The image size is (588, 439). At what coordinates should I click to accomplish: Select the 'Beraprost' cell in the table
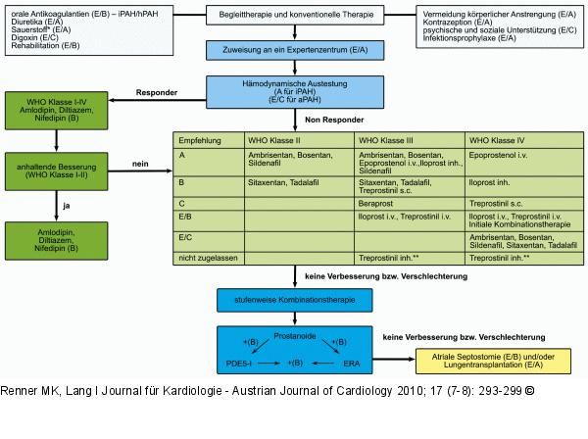click(377, 203)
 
